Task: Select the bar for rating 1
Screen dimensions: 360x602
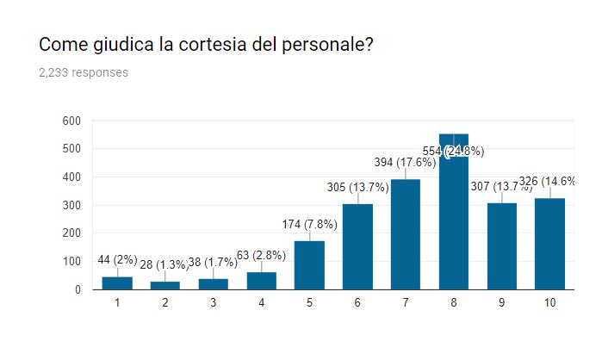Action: [x=117, y=283]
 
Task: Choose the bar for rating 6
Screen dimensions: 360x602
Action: [x=357, y=247]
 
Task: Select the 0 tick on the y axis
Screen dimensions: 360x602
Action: [x=78, y=289]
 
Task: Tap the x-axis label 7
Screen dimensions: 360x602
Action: [x=406, y=304]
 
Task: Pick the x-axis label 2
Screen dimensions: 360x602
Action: [x=165, y=304]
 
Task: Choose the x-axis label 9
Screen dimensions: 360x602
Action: [x=502, y=304]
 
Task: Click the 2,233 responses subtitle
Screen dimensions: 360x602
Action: [x=84, y=72]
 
